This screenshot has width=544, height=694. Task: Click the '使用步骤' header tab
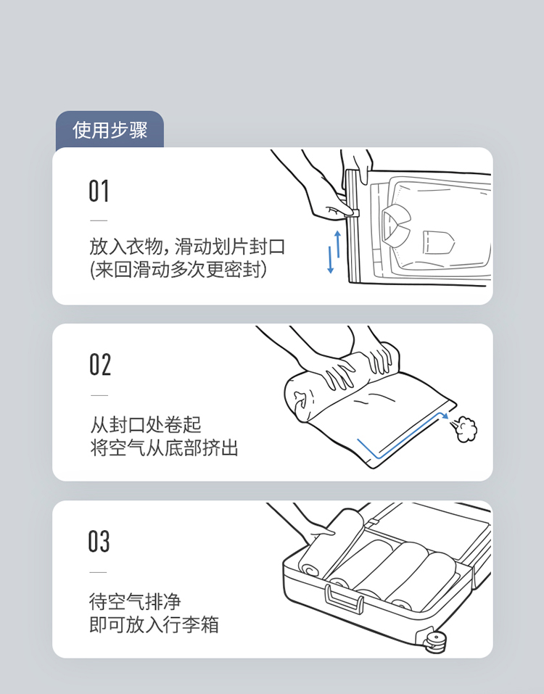click(110, 130)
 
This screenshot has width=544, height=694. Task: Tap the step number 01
click(99, 191)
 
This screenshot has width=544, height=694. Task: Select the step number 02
click(100, 365)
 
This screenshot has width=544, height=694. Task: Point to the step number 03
click(99, 541)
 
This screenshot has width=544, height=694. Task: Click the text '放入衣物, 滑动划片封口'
click(187, 247)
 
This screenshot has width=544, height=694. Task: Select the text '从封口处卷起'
click(146, 425)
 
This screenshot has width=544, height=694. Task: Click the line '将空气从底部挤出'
click(164, 448)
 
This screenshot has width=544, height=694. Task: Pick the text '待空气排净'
click(135, 601)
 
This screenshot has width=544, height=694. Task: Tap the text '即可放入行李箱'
click(154, 625)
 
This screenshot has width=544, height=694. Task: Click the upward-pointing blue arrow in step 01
click(338, 244)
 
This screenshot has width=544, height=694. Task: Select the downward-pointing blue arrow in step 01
click(330, 260)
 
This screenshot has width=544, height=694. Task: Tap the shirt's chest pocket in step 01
click(438, 242)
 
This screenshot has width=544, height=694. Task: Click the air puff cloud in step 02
click(466, 429)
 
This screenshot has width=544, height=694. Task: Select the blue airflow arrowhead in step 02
click(445, 416)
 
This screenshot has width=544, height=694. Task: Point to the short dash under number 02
click(99, 395)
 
